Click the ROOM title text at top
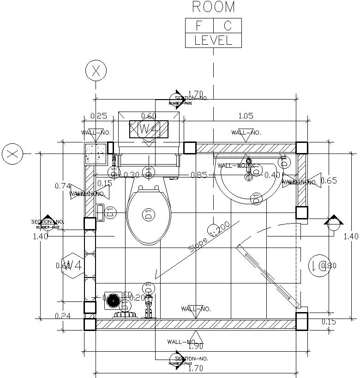click(x=213, y=7)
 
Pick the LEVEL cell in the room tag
click(x=213, y=41)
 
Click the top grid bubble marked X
click(x=96, y=71)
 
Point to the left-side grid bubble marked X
click(x=12, y=154)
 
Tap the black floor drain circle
click(x=113, y=301)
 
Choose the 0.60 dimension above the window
click(x=149, y=116)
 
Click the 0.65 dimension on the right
click(x=329, y=181)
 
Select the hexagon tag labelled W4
click(x=73, y=266)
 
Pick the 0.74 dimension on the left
click(x=63, y=186)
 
